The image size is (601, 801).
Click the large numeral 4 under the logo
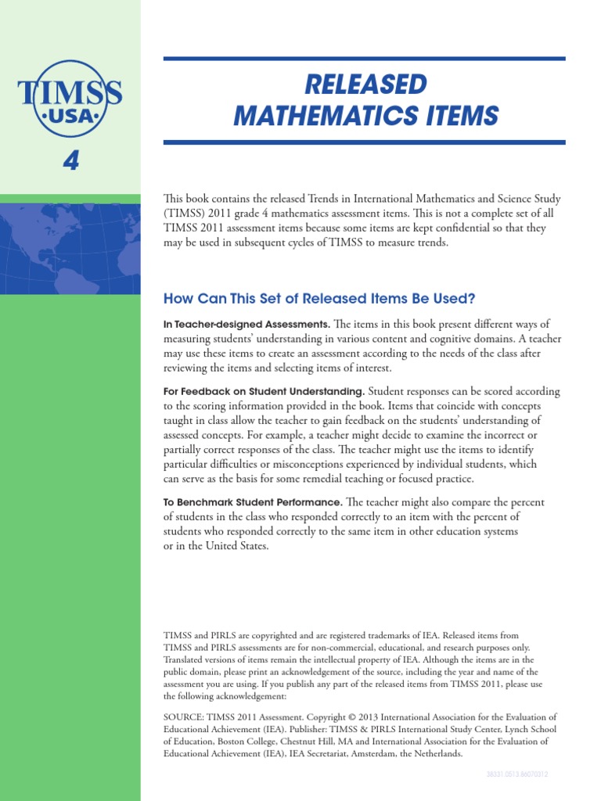point(70,161)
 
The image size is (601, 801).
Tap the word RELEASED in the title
point(365,84)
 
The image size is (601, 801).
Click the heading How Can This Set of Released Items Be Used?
point(319,299)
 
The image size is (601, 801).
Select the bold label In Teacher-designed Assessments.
point(247,324)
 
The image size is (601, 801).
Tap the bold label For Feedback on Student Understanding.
point(264,391)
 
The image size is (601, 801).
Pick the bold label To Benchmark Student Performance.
point(253,501)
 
